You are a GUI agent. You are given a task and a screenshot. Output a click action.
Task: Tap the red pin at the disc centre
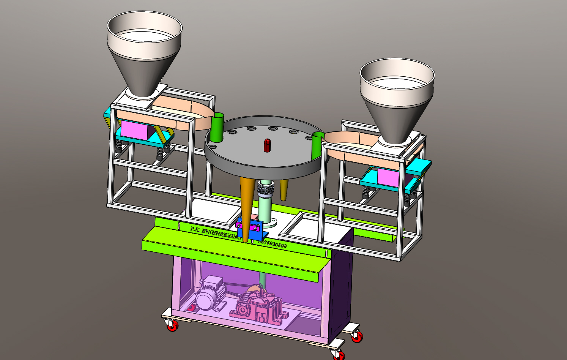[268, 145]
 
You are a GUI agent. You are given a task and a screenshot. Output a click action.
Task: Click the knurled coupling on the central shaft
[265, 188]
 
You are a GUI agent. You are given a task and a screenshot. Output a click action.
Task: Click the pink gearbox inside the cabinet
[258, 306]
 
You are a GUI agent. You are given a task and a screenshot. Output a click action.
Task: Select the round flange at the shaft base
[271, 221]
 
